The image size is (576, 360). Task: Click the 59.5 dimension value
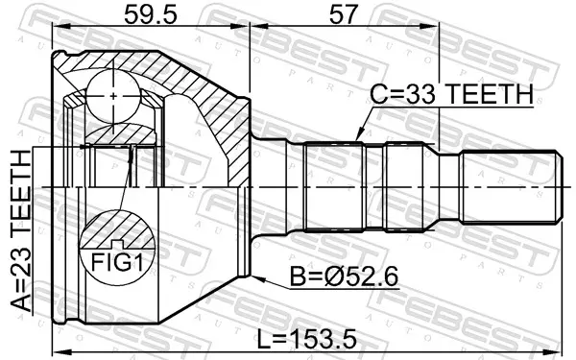[151, 14]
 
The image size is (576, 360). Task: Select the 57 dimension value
[343, 14]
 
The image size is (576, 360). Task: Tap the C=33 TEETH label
[451, 94]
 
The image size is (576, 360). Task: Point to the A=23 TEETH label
[21, 231]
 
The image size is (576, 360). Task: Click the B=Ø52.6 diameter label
[345, 276]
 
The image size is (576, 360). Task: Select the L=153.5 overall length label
[306, 339]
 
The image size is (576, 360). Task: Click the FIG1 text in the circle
[116, 262]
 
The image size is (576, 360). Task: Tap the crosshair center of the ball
[113, 96]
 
